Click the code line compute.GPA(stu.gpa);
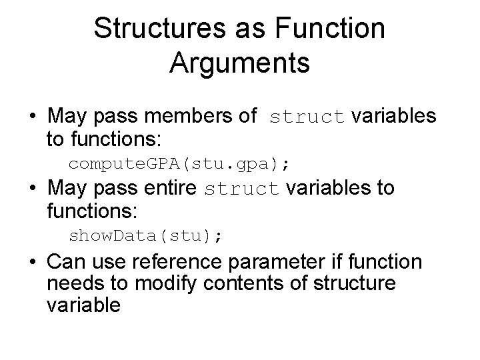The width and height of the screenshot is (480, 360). coord(181,163)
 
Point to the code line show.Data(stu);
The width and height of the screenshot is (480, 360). coord(147,235)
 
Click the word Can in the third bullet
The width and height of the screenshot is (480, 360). coord(67,262)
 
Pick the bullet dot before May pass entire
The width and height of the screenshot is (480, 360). coord(33,190)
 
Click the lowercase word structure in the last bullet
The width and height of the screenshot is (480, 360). coord(353,283)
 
